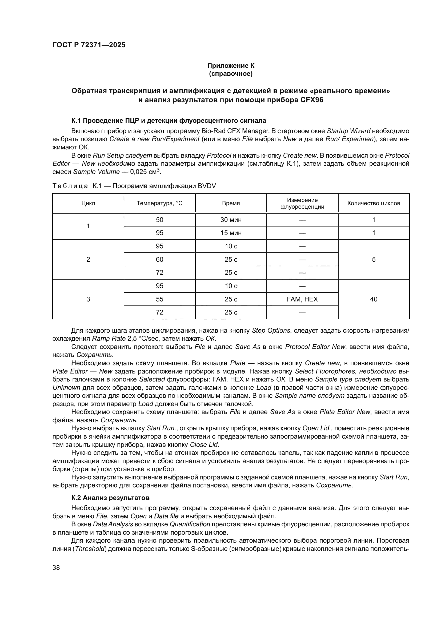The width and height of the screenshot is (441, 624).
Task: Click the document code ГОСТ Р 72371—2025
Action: click(x=89, y=45)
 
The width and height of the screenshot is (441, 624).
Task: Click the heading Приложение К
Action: click(x=231, y=66)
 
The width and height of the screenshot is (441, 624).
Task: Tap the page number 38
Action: click(x=56, y=567)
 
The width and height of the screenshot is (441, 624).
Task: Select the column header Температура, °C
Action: click(x=159, y=203)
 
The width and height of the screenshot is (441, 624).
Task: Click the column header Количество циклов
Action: click(x=373, y=203)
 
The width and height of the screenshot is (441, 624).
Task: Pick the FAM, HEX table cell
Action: click(x=302, y=299)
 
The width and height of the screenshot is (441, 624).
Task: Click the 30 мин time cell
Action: click(x=231, y=220)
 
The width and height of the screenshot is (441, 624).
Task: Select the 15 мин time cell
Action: click(x=231, y=233)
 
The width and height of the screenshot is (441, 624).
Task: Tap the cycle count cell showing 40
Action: click(x=373, y=299)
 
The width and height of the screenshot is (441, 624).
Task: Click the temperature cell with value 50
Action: click(x=159, y=220)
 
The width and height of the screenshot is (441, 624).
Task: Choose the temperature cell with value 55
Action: click(x=159, y=299)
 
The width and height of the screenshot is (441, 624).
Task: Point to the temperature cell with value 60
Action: click(x=159, y=260)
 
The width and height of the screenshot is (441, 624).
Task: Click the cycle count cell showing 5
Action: click(x=373, y=260)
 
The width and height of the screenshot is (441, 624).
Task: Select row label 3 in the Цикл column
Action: click(x=88, y=299)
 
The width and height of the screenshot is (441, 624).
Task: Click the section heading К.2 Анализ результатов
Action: click(x=110, y=498)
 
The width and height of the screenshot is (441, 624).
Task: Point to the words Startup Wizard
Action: click(x=348, y=131)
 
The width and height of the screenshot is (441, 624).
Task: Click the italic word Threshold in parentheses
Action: click(x=90, y=549)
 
